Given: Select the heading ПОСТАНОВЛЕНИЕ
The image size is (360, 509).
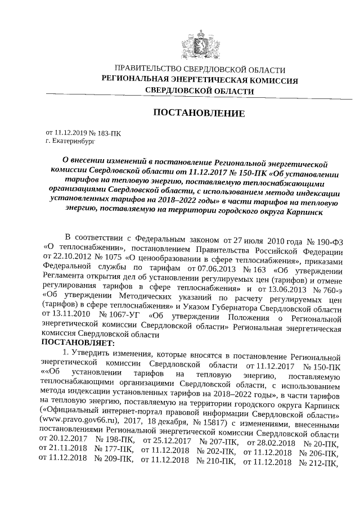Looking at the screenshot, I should tap(200, 113).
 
